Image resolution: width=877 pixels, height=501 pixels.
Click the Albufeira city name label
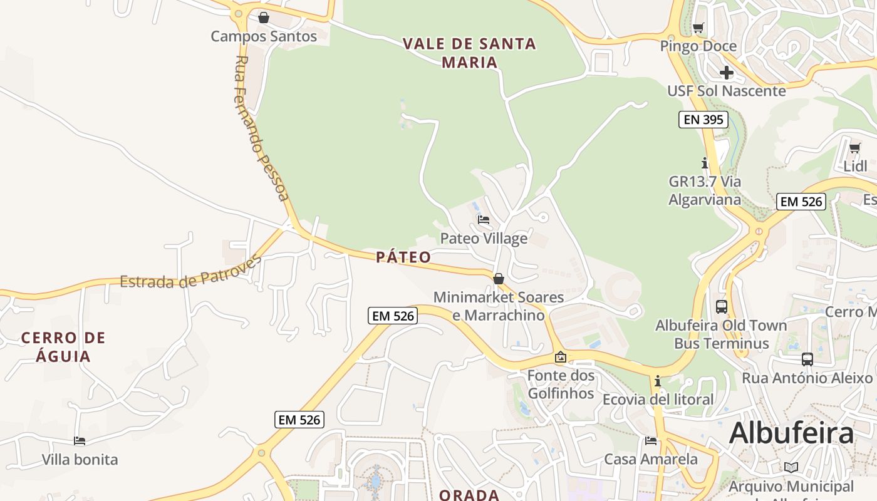pos(791,433)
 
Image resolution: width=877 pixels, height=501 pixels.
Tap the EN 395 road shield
pos(703,120)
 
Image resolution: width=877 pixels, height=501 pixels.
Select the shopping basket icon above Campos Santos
pos(264,18)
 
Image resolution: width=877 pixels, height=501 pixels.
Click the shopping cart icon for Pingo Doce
pos(698,28)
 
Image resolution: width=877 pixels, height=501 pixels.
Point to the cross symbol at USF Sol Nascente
pos(726,73)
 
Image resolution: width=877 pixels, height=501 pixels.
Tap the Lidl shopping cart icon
pos(855,148)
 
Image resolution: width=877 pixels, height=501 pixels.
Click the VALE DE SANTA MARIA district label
pos(469,53)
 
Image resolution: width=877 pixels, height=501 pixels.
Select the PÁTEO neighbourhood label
pos(403,257)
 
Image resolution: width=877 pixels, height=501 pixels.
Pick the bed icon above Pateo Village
pos(484,220)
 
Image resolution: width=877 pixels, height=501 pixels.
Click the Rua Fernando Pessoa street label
pos(262,129)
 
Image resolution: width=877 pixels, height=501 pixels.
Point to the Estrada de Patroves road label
pos(190,274)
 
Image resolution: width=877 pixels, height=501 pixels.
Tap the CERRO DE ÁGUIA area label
pos(63,347)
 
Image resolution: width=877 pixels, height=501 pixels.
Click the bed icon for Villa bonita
pos(80,441)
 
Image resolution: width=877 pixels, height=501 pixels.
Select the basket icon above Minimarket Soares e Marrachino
pos(499,279)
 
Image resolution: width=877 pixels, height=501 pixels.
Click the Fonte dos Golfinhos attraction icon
pos(561,357)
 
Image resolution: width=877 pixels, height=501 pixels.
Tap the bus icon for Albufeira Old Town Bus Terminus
pos(722,307)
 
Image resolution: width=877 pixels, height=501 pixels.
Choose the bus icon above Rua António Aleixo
pos(807,359)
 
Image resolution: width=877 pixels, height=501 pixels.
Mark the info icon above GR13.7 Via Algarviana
pos(705,163)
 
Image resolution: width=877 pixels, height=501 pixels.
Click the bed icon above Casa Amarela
pos(651,441)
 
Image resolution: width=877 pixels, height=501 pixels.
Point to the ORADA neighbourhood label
pos(469,495)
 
